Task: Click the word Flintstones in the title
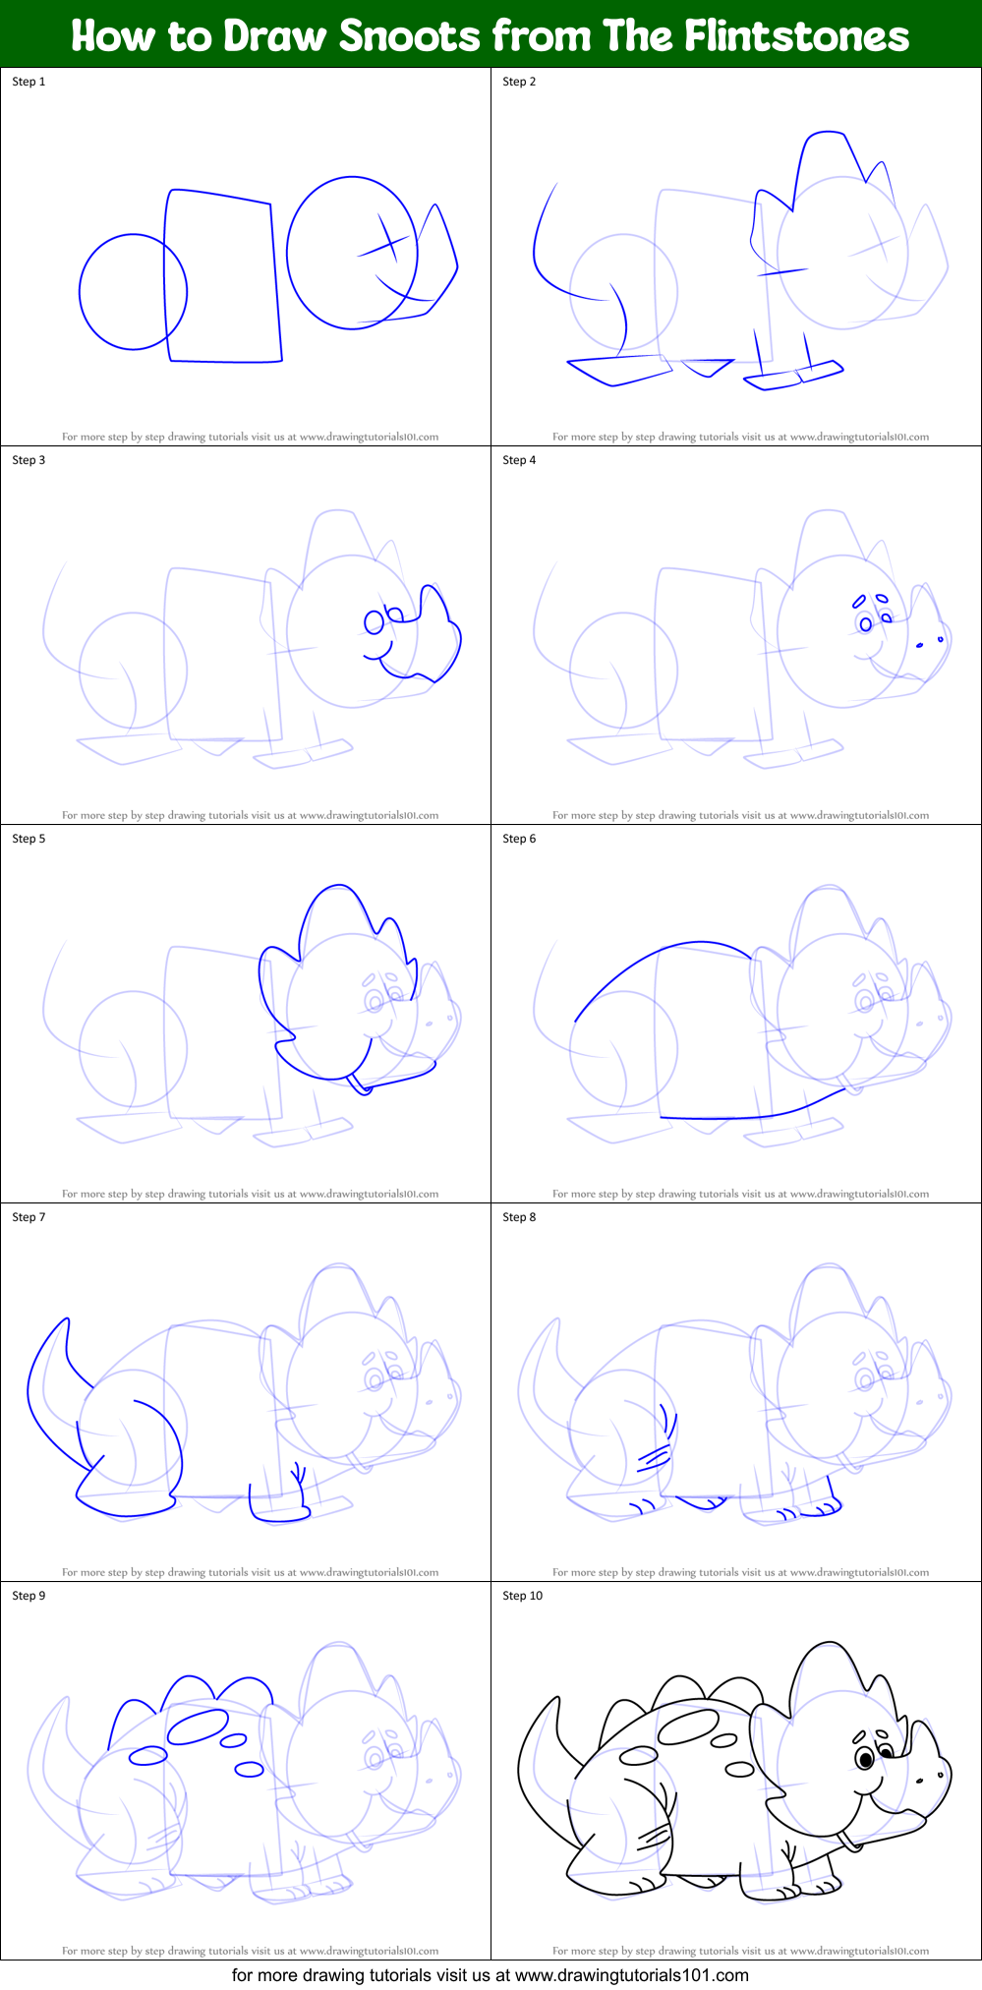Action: [796, 35]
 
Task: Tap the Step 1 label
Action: [29, 82]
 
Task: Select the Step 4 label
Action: [519, 460]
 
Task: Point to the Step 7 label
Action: [29, 1217]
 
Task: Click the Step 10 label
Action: [522, 1596]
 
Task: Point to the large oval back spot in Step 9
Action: [198, 1727]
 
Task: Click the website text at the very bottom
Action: [491, 1974]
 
